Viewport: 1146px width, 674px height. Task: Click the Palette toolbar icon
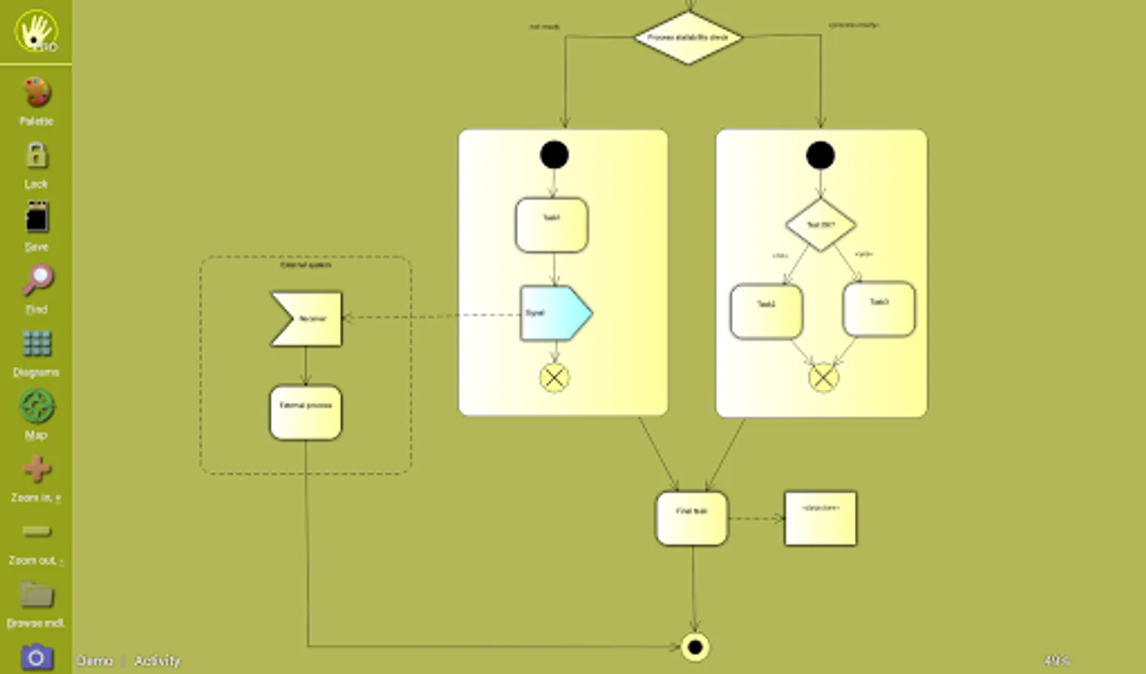click(36, 94)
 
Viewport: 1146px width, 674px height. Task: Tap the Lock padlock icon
click(36, 157)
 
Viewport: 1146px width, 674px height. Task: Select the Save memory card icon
click(36, 219)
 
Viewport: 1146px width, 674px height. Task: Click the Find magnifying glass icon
click(36, 282)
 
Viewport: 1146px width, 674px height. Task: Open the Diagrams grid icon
click(36, 344)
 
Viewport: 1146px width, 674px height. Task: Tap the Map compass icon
click(36, 407)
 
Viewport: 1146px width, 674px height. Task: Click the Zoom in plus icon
click(36, 470)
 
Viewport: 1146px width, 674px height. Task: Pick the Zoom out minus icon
click(36, 532)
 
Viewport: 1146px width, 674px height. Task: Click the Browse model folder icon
click(36, 595)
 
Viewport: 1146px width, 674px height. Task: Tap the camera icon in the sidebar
click(36, 658)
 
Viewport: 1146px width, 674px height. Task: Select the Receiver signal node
click(307, 319)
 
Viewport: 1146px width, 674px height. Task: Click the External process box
click(305, 413)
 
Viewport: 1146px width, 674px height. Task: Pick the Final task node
click(692, 518)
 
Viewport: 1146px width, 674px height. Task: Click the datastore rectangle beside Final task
click(820, 518)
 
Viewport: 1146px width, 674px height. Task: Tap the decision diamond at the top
click(688, 37)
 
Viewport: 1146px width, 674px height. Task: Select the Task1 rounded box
click(552, 225)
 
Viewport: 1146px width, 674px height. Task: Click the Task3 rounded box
click(879, 309)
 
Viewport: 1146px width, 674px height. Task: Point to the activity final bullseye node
click(695, 647)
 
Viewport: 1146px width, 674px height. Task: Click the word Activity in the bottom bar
click(157, 661)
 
